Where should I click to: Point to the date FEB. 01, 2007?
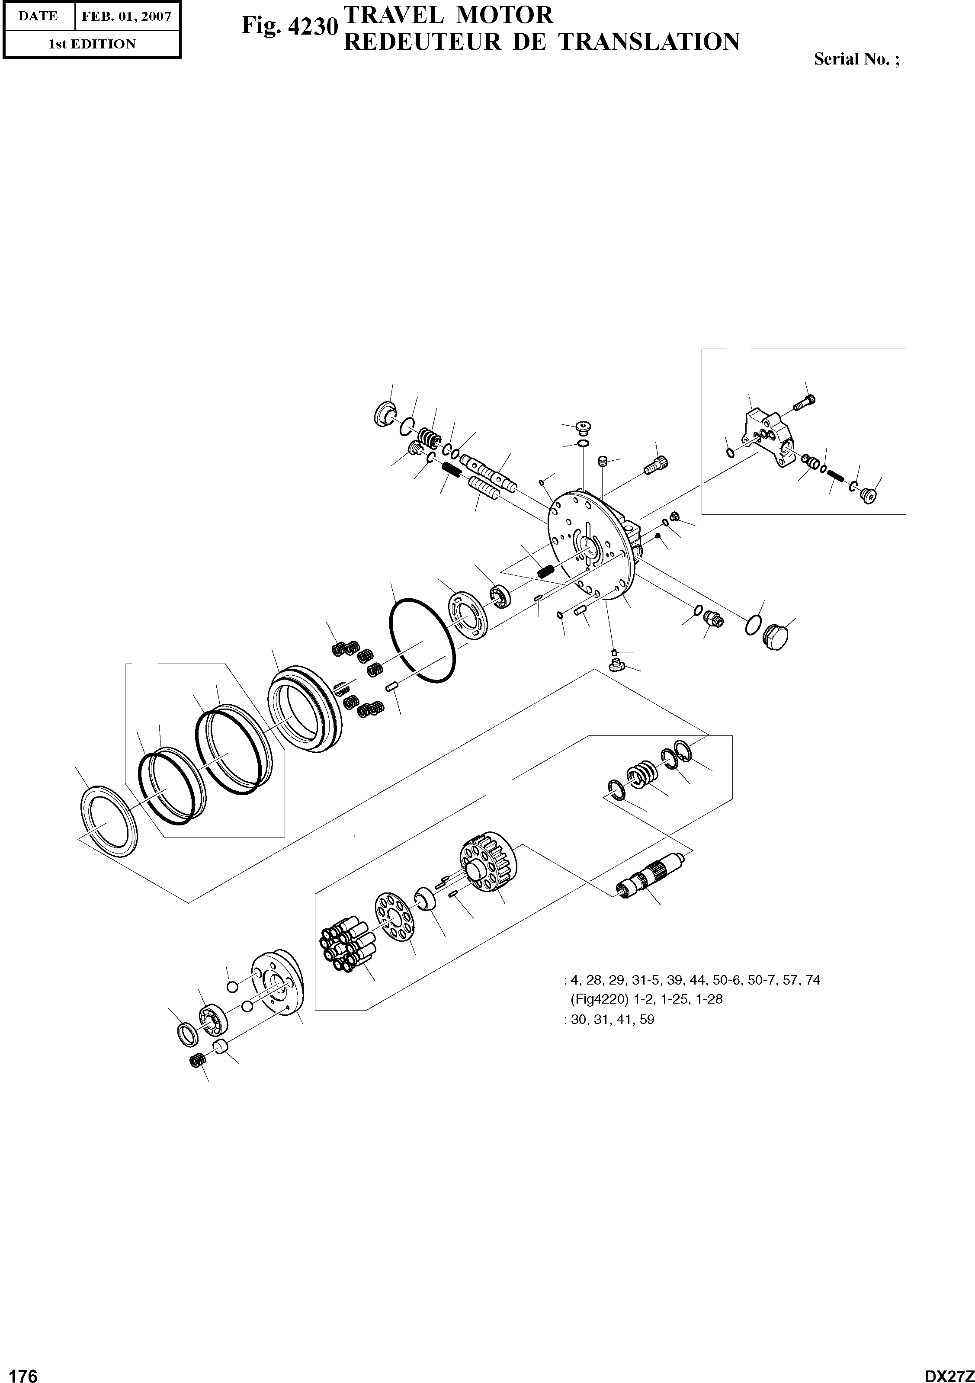click(126, 16)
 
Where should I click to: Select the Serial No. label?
click(856, 59)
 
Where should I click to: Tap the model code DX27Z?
click(949, 1372)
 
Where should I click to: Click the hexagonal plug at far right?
click(776, 637)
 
